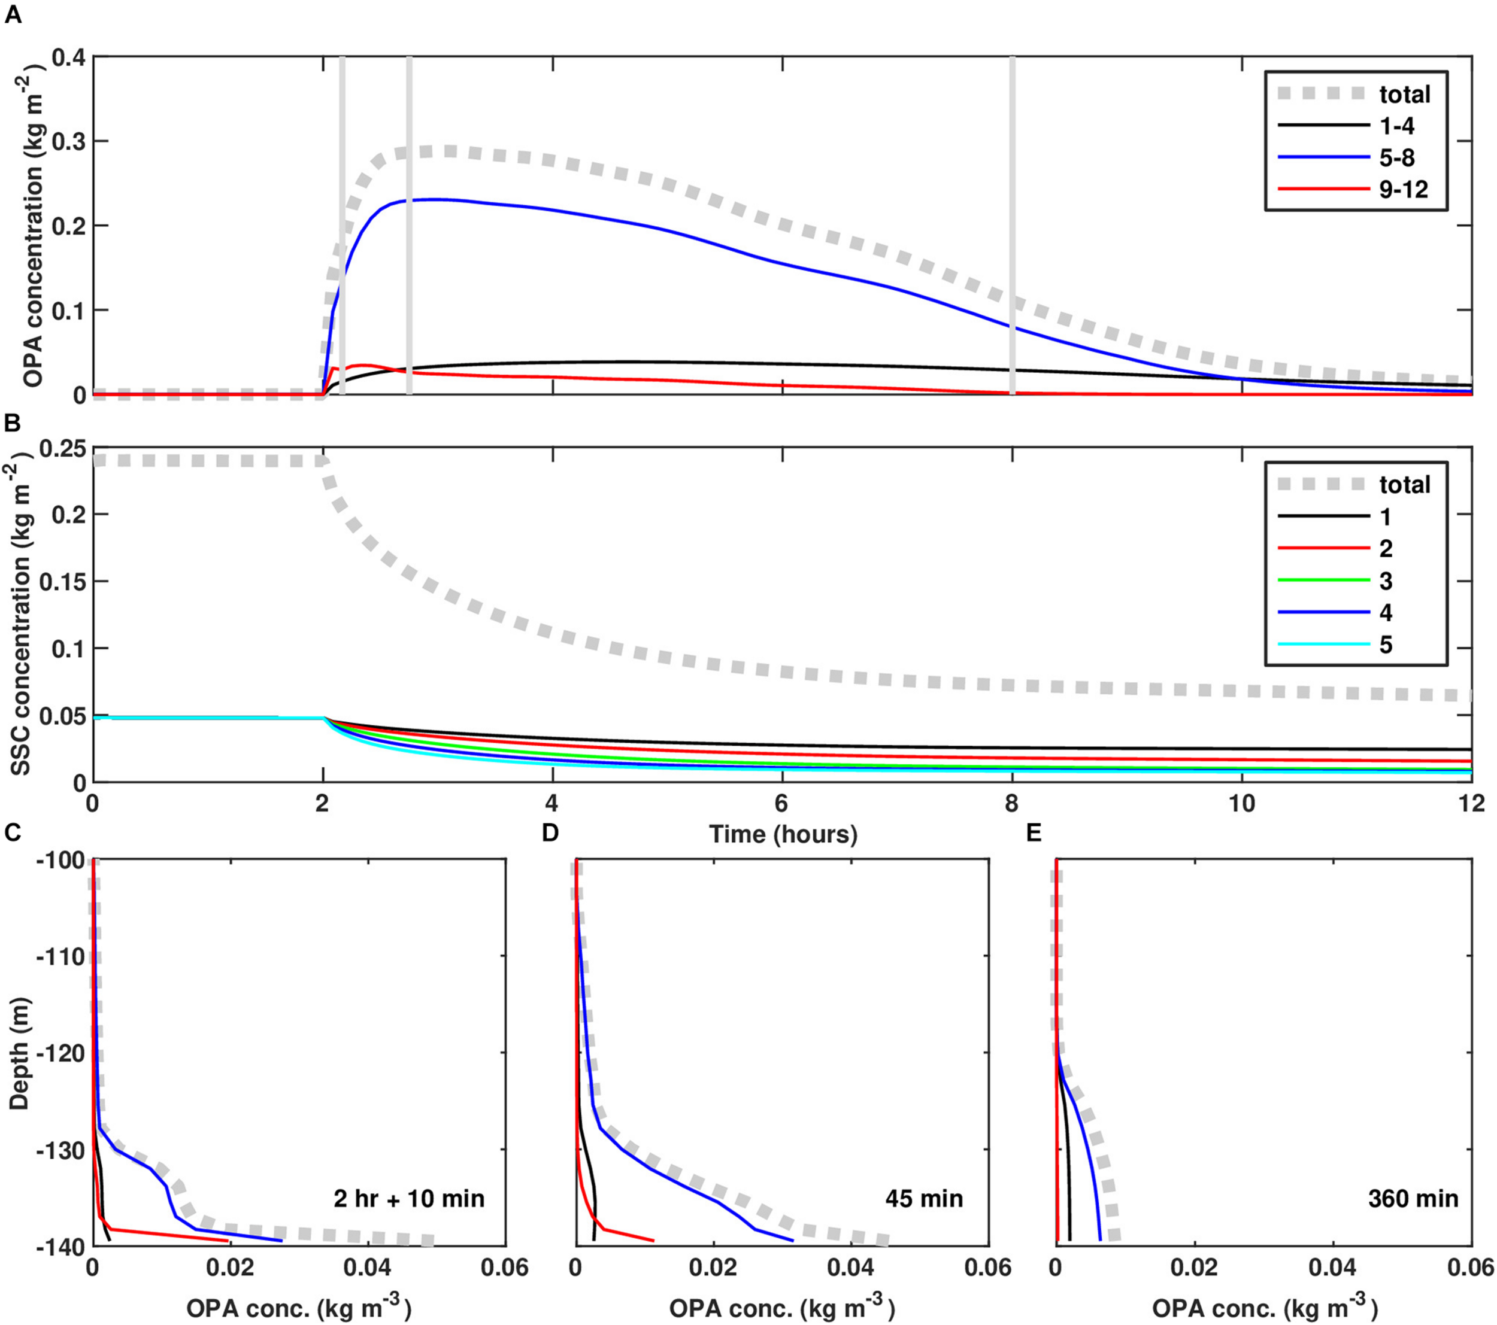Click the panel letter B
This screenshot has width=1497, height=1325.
click(x=13, y=423)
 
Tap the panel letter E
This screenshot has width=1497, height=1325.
click(x=1034, y=833)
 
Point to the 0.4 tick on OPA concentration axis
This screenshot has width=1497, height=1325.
click(x=69, y=57)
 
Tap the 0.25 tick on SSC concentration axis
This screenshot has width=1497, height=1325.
click(x=62, y=448)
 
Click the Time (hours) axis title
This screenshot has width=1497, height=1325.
click(x=783, y=834)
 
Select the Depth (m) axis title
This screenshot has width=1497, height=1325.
click(x=20, y=1053)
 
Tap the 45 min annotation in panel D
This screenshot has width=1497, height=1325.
click(x=925, y=1198)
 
